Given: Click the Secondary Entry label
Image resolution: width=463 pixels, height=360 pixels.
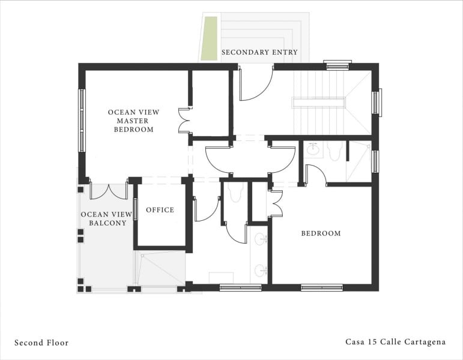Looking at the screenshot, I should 259,52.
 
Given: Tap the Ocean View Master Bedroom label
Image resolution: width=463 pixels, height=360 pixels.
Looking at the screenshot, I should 130,121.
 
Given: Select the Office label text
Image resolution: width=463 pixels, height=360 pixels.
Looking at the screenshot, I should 160,210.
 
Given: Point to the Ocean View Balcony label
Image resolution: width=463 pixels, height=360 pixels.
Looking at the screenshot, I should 103,218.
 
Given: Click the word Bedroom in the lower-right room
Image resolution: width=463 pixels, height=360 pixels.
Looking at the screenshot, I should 321,233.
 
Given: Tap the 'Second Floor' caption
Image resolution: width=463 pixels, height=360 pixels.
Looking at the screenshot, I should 41,343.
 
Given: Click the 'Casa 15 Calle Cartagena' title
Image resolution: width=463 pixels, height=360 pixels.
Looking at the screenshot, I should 395,342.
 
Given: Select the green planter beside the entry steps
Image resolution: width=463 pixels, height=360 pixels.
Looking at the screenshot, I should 209,38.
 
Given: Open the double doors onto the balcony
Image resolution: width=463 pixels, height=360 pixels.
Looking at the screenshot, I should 109,191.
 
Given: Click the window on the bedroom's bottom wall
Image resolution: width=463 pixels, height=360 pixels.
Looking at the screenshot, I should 321,287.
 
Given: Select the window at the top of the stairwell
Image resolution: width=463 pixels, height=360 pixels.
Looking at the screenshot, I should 337,62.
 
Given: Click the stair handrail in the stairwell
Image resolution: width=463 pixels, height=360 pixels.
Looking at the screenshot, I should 318,103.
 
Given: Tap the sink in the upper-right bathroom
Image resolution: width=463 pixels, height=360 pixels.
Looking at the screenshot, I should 313,150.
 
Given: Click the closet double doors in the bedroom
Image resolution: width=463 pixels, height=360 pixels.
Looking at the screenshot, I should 276,203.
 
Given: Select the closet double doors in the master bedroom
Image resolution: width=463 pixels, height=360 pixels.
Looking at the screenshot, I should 184,121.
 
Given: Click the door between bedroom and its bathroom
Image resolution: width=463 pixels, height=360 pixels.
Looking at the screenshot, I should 315,175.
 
